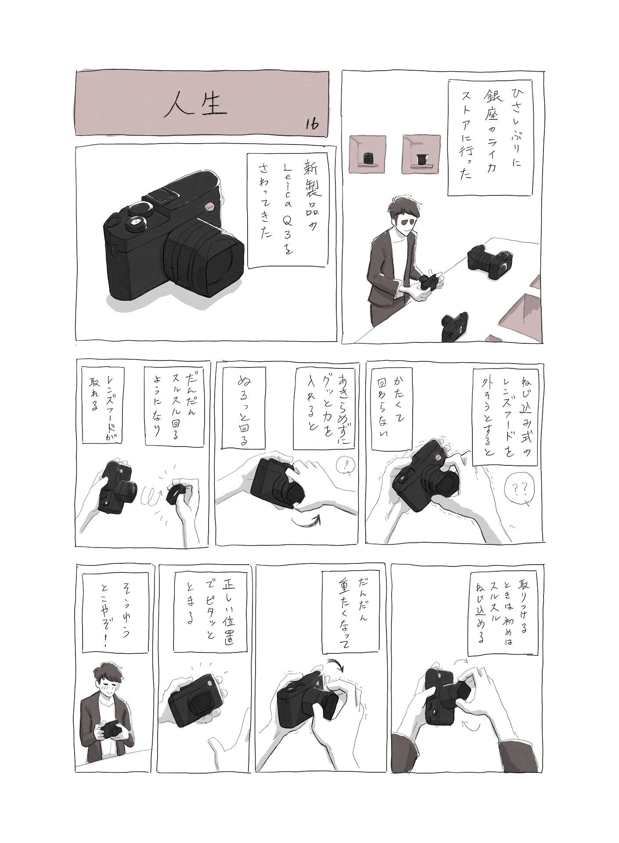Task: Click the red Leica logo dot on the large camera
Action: point(209,207)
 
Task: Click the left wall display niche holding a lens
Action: point(367,154)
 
